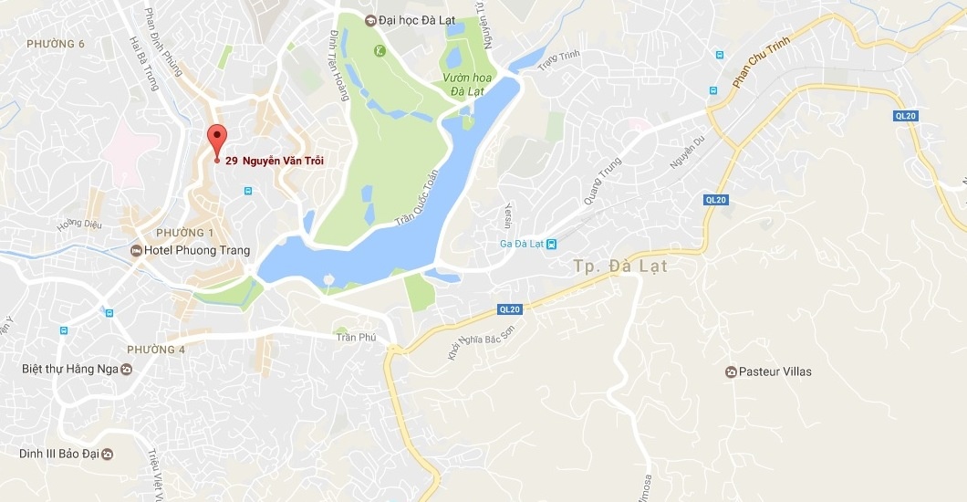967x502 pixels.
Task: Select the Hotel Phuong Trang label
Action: point(197,250)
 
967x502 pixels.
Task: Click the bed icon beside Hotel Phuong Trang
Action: point(137,250)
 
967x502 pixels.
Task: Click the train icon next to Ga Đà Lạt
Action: point(550,243)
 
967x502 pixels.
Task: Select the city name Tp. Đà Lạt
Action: point(621,267)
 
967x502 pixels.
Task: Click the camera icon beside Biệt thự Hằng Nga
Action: point(127,370)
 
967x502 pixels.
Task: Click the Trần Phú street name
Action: point(357,337)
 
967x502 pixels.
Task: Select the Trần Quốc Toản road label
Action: point(416,198)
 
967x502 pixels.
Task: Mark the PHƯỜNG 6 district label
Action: point(56,44)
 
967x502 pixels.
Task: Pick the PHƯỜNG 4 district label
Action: point(156,350)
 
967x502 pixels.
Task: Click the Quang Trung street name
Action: point(603,181)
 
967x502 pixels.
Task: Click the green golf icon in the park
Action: point(379,48)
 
